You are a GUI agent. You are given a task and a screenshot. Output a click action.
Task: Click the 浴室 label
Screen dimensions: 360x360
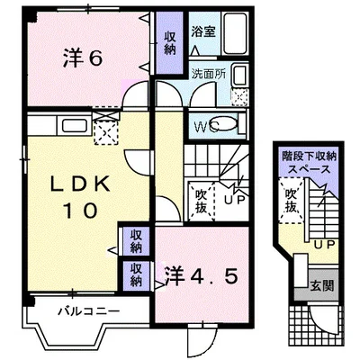pos(202,32)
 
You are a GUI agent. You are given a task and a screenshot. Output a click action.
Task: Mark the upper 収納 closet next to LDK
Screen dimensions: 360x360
pos(135,240)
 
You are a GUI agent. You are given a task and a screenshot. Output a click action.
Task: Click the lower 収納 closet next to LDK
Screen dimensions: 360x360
pos(135,274)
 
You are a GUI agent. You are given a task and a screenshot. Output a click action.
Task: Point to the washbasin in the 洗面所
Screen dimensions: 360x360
pos(240,78)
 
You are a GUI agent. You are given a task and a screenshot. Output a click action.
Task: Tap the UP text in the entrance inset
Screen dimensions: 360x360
pos(325,242)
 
